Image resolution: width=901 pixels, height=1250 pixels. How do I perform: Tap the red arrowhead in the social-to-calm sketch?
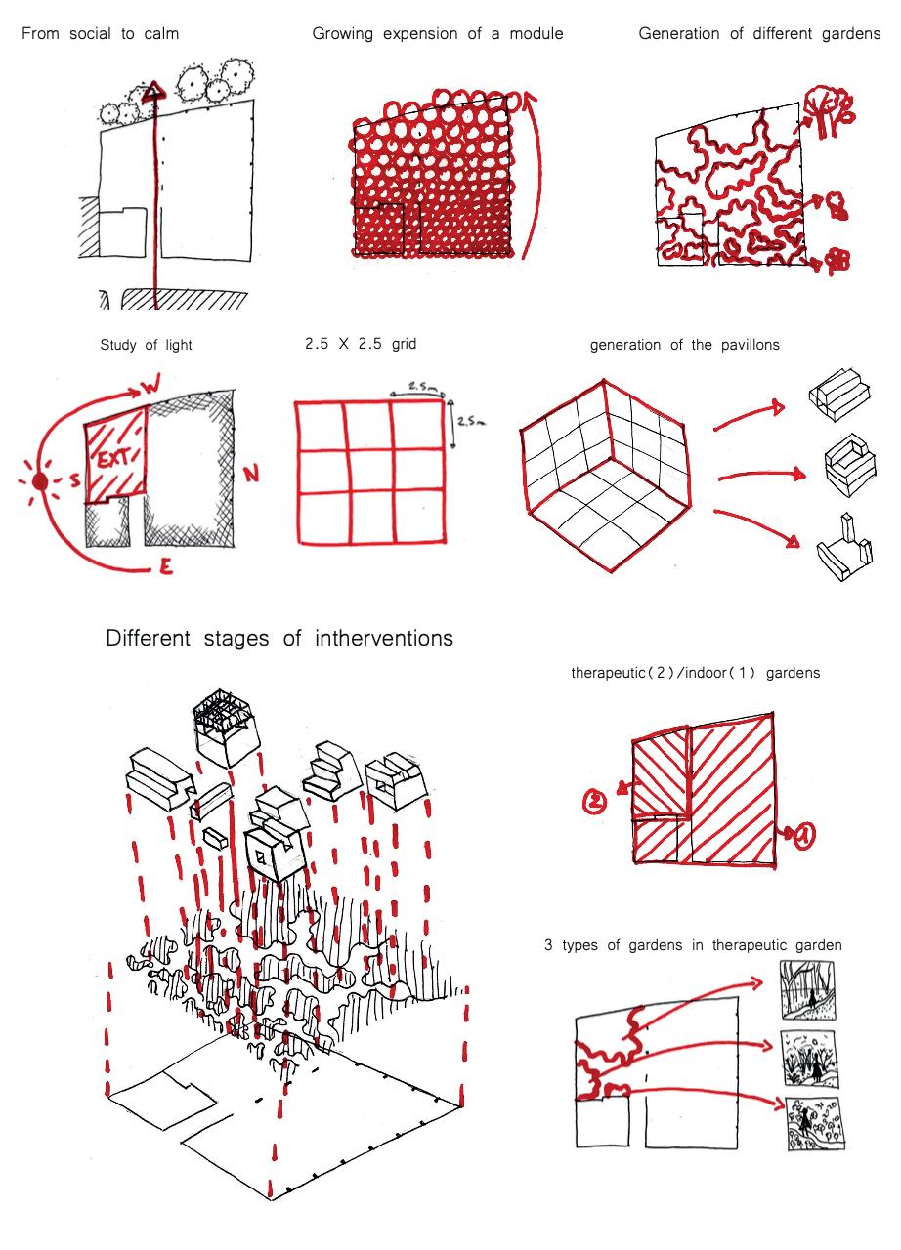pos(151,94)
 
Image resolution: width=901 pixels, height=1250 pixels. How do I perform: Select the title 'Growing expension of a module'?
pos(437,34)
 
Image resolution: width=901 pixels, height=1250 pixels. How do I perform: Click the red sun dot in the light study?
pos(39,482)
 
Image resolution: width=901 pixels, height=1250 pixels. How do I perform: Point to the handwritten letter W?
pos(150,390)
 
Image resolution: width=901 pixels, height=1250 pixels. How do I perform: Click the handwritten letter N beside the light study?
pos(251,476)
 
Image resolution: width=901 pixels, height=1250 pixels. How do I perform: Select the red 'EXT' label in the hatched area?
pos(114,458)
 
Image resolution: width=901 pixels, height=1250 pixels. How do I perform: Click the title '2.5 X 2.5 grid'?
pos(361,344)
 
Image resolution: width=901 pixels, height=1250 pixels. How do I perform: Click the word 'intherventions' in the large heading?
pos(384,640)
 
